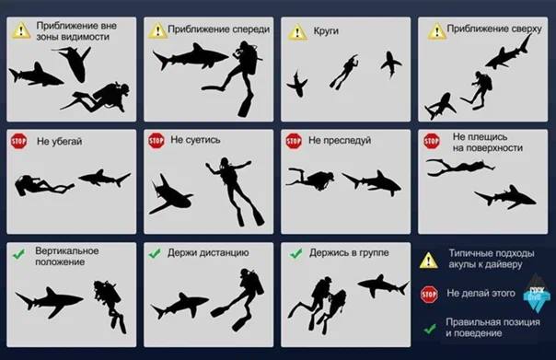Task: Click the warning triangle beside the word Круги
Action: coord(297,32)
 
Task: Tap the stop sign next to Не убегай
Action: coord(18,142)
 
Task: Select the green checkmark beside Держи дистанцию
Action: coord(155,253)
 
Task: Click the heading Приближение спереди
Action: coord(219,29)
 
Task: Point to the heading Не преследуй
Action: coord(340,141)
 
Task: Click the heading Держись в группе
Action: coord(349,252)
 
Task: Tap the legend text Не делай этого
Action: coord(481,294)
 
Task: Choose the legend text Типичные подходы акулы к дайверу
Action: coord(492,259)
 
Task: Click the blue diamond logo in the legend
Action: coord(537,294)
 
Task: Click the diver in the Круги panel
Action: coord(344,71)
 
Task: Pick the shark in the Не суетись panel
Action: coord(170,195)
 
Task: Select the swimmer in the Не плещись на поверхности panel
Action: coord(459,168)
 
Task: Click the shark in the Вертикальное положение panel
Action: coord(50,301)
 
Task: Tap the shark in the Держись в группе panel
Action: coord(383,285)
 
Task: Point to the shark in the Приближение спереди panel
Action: coord(190,56)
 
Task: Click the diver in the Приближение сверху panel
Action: coord(477,89)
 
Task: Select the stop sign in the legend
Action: coord(429,294)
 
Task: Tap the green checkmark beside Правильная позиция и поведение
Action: coord(430,329)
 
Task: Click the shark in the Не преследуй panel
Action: coord(372,182)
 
